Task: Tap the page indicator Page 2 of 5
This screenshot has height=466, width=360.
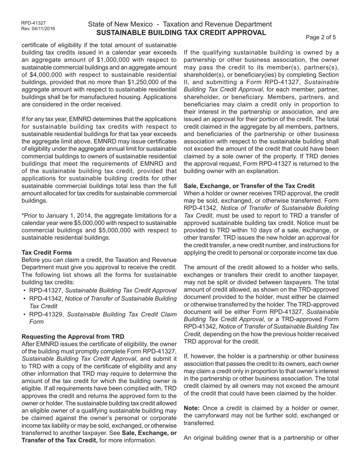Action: coord(321,37)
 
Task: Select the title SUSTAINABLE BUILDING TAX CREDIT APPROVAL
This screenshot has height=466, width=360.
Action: coord(181,33)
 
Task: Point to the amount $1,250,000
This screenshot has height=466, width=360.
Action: coord(148,82)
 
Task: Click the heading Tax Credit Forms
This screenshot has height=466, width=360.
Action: coord(47,252)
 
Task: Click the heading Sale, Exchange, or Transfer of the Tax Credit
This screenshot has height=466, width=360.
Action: coord(249,186)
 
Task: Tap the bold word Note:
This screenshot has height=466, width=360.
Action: coord(192,408)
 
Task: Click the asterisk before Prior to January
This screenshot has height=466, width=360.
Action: coord(23,215)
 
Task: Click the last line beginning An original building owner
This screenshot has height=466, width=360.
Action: coord(261,438)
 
